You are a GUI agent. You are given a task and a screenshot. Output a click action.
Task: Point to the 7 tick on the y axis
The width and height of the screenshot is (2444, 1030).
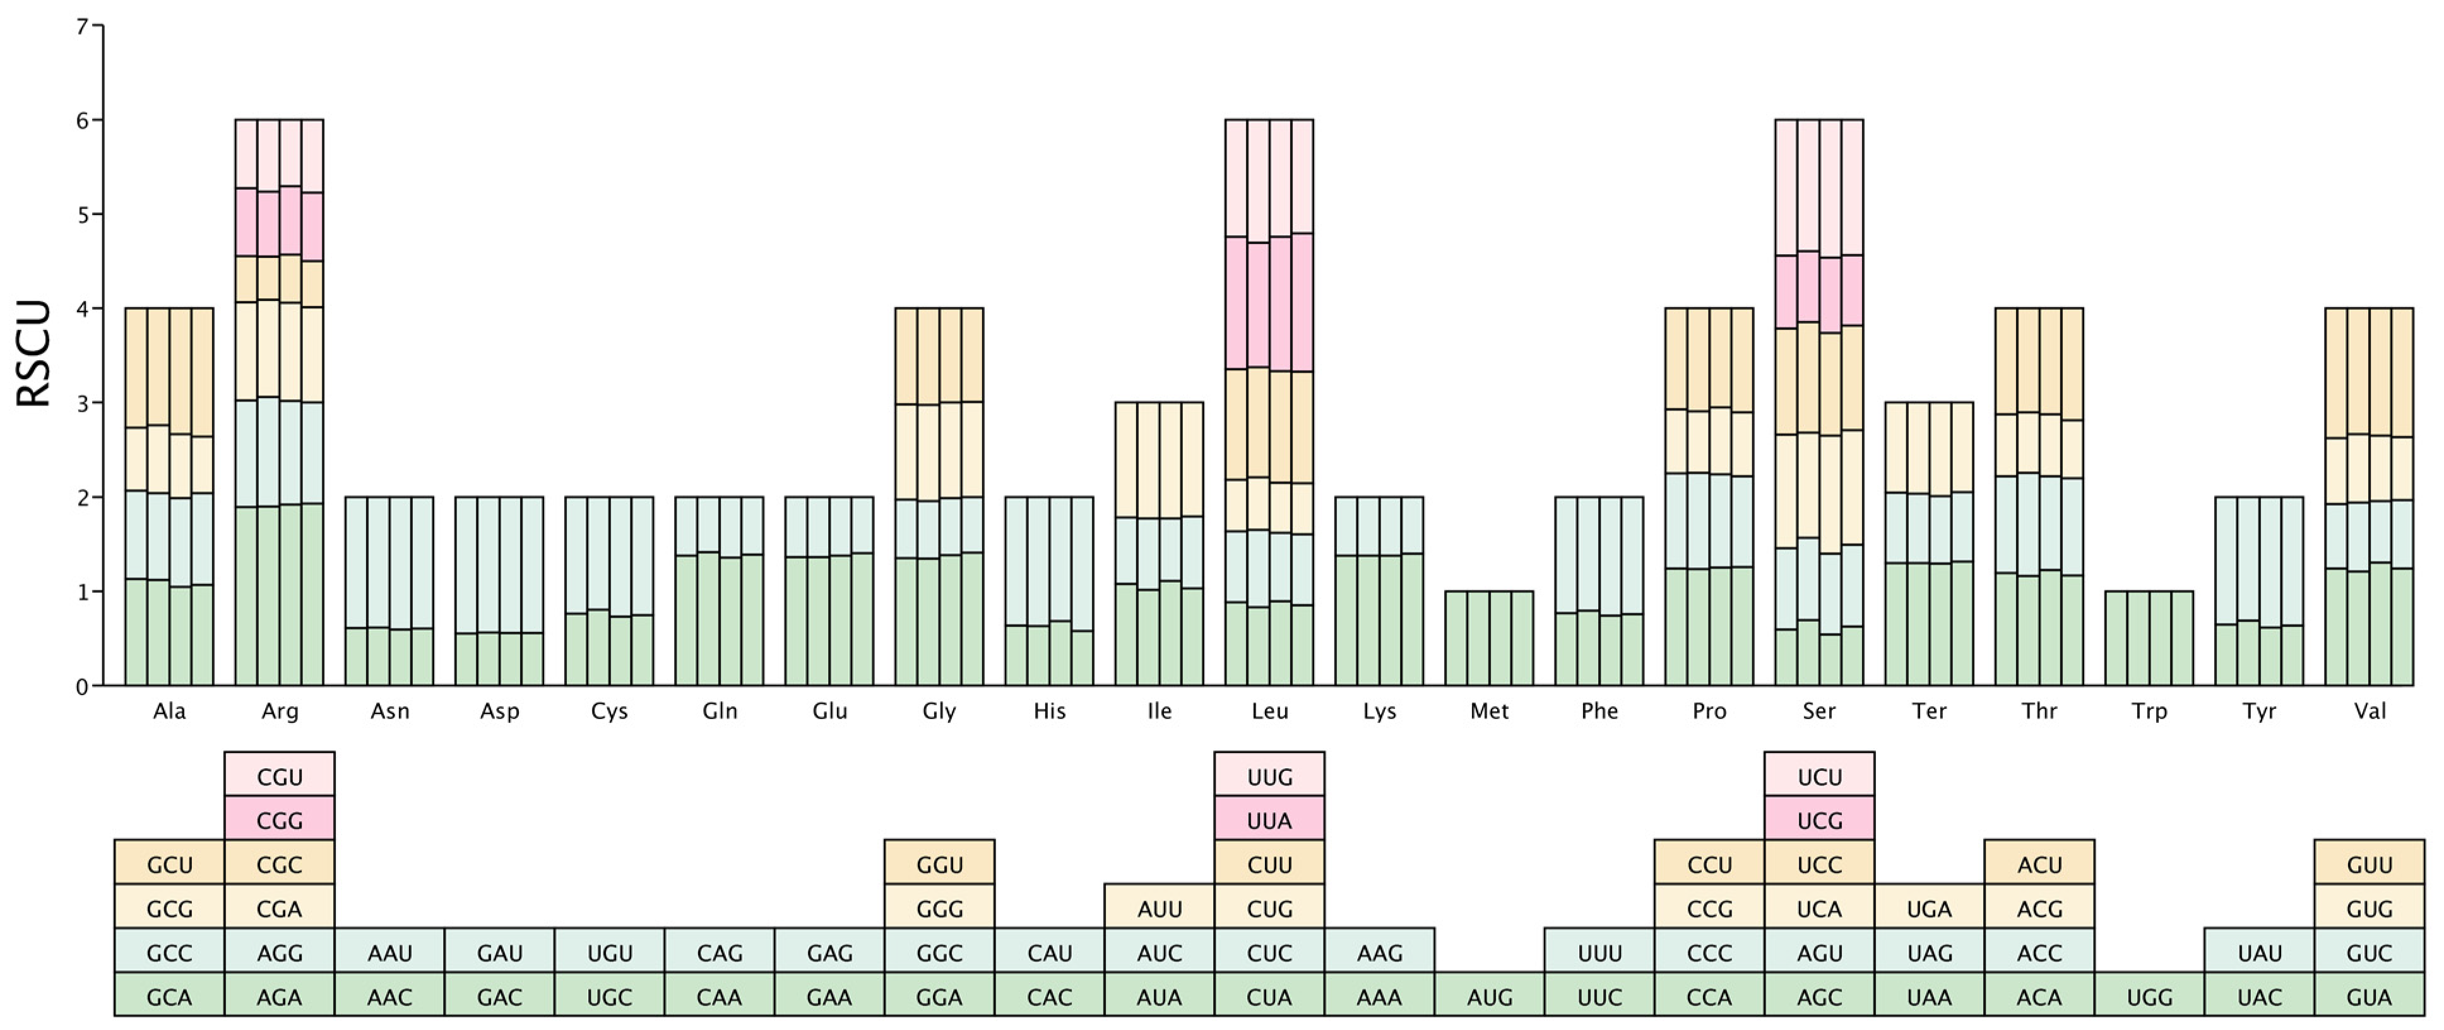83,26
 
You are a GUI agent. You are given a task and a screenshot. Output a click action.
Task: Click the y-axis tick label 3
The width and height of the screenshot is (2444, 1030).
83,403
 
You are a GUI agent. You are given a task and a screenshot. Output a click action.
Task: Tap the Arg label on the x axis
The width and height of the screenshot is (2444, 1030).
280,711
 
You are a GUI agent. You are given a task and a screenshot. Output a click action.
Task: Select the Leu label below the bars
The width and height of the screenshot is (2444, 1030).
1269,711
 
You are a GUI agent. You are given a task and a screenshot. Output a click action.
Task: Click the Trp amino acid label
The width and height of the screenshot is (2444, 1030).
2149,711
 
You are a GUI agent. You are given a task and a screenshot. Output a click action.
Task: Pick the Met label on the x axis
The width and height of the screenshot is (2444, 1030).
1490,711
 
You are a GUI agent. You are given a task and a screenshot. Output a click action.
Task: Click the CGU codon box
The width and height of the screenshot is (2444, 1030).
280,777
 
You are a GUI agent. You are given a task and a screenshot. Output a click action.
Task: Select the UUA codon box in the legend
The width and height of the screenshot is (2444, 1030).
1269,821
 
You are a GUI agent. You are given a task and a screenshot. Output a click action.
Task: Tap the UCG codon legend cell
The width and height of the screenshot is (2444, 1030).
1820,821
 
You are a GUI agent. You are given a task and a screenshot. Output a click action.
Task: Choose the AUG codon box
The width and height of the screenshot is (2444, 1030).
1490,997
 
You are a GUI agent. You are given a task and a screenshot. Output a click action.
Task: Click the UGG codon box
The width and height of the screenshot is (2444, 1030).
2149,997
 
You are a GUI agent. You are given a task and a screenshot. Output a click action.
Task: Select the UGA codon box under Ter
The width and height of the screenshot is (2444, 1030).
1929,909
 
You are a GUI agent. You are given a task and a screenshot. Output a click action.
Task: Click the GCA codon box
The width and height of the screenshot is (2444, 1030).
170,997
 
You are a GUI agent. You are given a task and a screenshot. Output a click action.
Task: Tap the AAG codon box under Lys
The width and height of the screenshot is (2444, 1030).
1380,952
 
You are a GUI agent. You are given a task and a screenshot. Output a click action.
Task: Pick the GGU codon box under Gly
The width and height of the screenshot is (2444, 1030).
939,864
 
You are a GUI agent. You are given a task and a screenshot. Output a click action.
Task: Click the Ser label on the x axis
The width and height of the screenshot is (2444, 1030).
1820,711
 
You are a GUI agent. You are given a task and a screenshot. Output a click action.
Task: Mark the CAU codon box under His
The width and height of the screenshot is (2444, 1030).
1049,952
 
